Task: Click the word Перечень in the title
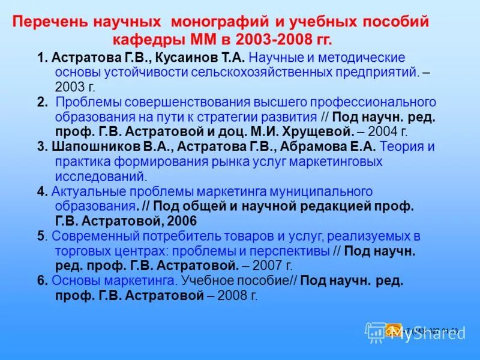click(49, 22)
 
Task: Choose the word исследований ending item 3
click(100, 176)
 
